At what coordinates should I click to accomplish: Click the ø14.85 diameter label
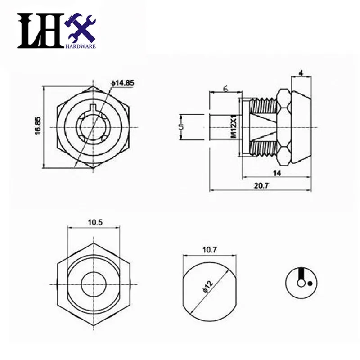[121, 83]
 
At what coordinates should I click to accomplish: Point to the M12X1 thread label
[234, 127]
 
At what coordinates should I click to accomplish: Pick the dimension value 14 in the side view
[276, 172]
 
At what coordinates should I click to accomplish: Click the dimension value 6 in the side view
[225, 89]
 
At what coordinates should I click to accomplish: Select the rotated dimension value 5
[180, 127]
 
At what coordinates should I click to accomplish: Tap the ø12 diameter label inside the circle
[205, 287]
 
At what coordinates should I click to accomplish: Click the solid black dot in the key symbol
[310, 283]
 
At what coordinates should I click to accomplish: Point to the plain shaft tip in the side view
[220, 127]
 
